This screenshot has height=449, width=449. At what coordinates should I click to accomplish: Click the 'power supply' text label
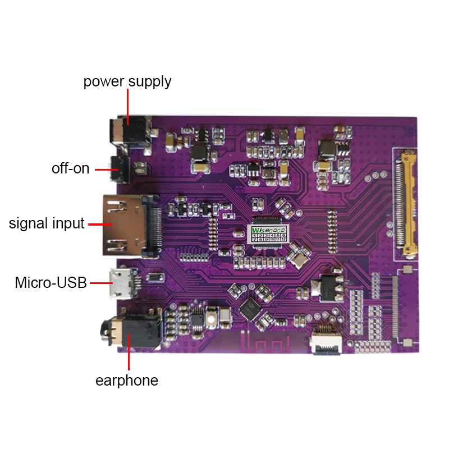coord(127,81)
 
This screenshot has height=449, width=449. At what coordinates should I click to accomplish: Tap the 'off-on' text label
coord(71,168)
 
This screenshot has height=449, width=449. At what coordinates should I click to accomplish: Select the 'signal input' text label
coord(47,223)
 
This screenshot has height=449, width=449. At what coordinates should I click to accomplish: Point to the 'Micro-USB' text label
coord(51,283)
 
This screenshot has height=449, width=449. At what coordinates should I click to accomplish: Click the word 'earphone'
coord(127,381)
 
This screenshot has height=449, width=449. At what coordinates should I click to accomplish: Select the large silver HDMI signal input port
coord(126,223)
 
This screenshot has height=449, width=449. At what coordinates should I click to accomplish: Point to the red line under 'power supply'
coord(128,107)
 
